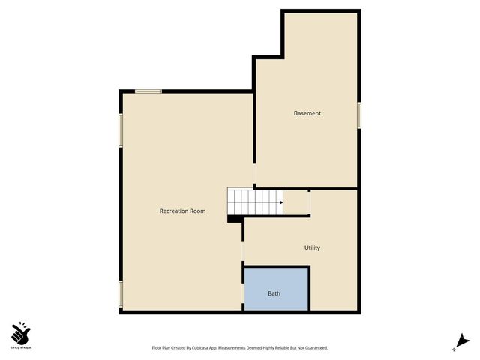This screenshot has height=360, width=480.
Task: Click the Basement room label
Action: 307,113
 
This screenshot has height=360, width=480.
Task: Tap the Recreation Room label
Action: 182,211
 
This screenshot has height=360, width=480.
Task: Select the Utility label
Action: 312,247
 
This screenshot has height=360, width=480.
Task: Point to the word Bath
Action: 274,293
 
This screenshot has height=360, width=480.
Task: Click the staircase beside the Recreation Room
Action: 255,201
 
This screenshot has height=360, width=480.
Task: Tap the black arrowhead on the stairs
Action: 281,202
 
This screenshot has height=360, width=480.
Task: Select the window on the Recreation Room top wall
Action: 148,91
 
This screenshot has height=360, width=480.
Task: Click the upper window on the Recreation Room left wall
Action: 120,130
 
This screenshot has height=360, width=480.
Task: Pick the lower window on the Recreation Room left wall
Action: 120,293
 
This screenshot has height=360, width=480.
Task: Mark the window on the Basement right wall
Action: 359,115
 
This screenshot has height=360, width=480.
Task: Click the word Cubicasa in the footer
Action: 199,348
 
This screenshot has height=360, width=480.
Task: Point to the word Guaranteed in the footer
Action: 313,348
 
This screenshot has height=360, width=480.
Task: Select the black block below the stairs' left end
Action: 234,219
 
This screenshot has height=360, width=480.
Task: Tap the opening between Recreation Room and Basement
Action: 253,175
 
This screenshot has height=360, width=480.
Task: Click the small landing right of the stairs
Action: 298,202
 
